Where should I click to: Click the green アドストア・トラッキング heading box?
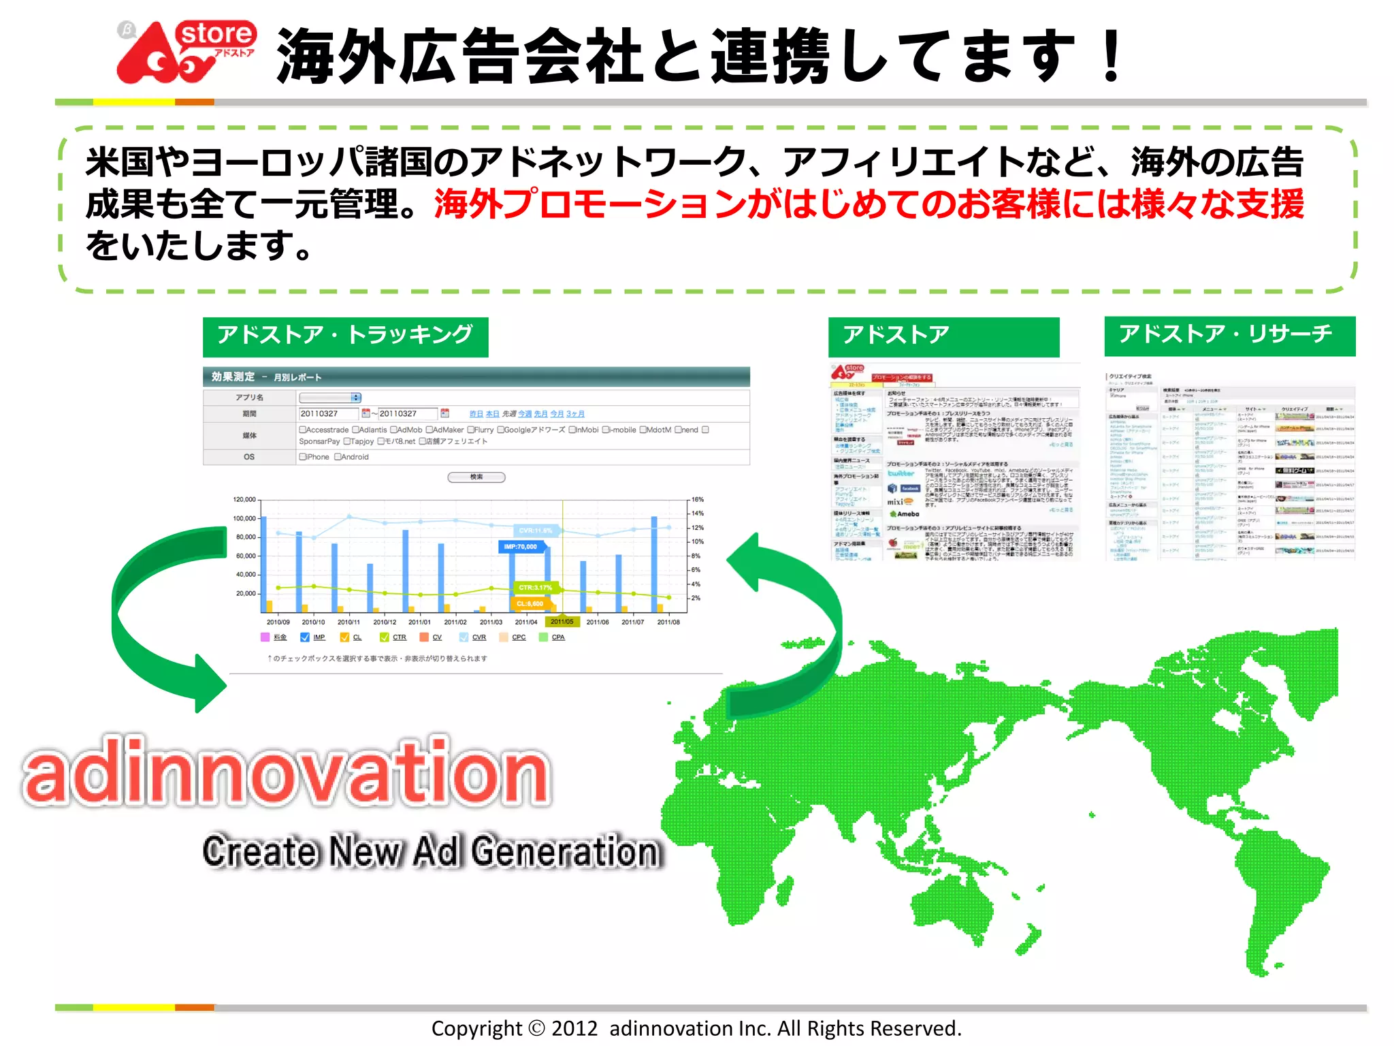(x=345, y=336)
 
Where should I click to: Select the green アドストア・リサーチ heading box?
(x=1229, y=336)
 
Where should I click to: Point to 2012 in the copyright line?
(x=574, y=1028)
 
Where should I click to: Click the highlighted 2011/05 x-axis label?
(x=562, y=622)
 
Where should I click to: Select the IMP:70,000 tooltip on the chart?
(x=521, y=546)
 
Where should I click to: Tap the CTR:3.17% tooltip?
(x=536, y=587)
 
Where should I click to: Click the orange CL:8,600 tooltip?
(x=530, y=603)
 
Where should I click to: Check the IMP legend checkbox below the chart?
(x=305, y=637)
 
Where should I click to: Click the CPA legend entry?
(x=558, y=637)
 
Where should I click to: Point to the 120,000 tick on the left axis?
(x=244, y=499)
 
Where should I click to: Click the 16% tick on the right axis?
(x=698, y=499)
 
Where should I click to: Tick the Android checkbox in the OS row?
(x=338, y=457)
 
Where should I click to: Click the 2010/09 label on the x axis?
(x=278, y=622)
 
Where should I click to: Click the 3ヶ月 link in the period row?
(x=575, y=414)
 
